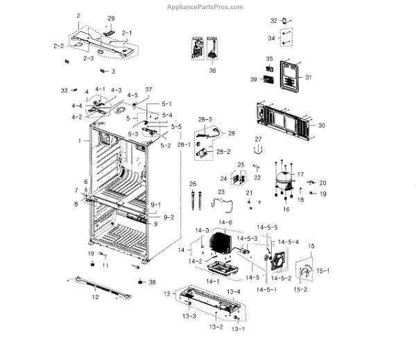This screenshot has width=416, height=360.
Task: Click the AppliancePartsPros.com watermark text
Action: click(x=206, y=6)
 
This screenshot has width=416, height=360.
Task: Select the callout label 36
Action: click(x=211, y=71)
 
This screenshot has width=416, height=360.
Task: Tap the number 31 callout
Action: click(x=309, y=77)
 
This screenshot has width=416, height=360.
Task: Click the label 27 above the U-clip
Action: click(x=258, y=139)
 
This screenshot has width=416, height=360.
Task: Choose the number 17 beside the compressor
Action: click(x=300, y=175)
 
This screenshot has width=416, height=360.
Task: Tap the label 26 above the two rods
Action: click(x=193, y=183)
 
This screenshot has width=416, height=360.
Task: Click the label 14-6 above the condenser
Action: click(x=226, y=223)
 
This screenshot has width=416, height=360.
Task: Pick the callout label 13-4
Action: click(x=234, y=291)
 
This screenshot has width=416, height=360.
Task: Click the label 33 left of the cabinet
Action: click(x=64, y=90)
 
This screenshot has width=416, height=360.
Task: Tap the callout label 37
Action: click(x=148, y=90)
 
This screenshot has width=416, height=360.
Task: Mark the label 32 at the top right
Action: click(x=273, y=21)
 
